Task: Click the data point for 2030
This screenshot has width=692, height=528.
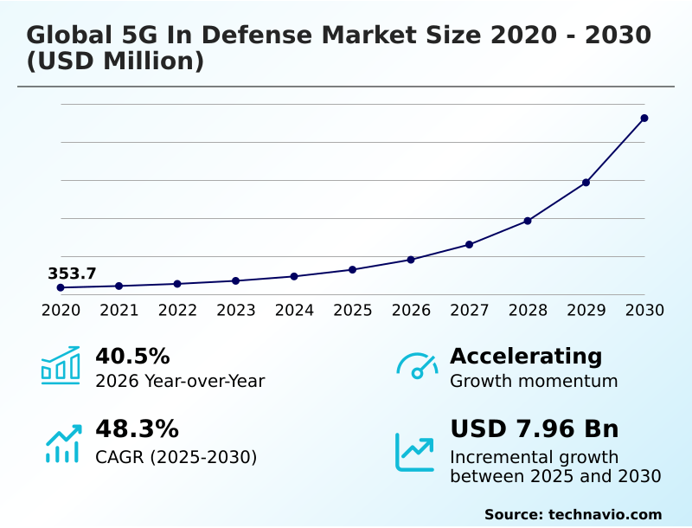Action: (x=644, y=118)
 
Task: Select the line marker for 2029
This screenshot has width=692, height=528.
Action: (x=586, y=183)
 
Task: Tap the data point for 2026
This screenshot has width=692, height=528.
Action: (x=411, y=260)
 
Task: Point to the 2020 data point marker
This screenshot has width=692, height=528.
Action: (x=61, y=287)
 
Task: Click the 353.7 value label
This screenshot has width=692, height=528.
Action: (x=72, y=274)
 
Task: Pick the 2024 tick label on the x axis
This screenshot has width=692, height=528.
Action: (x=294, y=311)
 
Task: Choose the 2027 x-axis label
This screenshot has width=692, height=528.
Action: (x=470, y=311)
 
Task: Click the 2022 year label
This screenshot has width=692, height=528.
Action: (x=177, y=311)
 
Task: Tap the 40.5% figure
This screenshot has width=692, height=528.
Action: (x=132, y=356)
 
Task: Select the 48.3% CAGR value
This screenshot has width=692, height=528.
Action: (x=137, y=429)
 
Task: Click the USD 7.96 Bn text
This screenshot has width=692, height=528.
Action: (x=535, y=429)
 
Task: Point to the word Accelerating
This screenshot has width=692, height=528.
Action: (x=526, y=356)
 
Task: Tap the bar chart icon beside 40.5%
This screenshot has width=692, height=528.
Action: (x=61, y=366)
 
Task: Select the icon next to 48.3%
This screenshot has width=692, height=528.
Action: (x=62, y=442)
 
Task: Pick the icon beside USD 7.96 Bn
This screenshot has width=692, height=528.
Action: (x=415, y=452)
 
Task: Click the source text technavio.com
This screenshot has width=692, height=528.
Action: (x=605, y=514)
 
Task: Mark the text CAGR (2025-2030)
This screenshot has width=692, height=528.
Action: (x=176, y=457)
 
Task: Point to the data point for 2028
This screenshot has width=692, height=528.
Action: (x=528, y=221)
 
